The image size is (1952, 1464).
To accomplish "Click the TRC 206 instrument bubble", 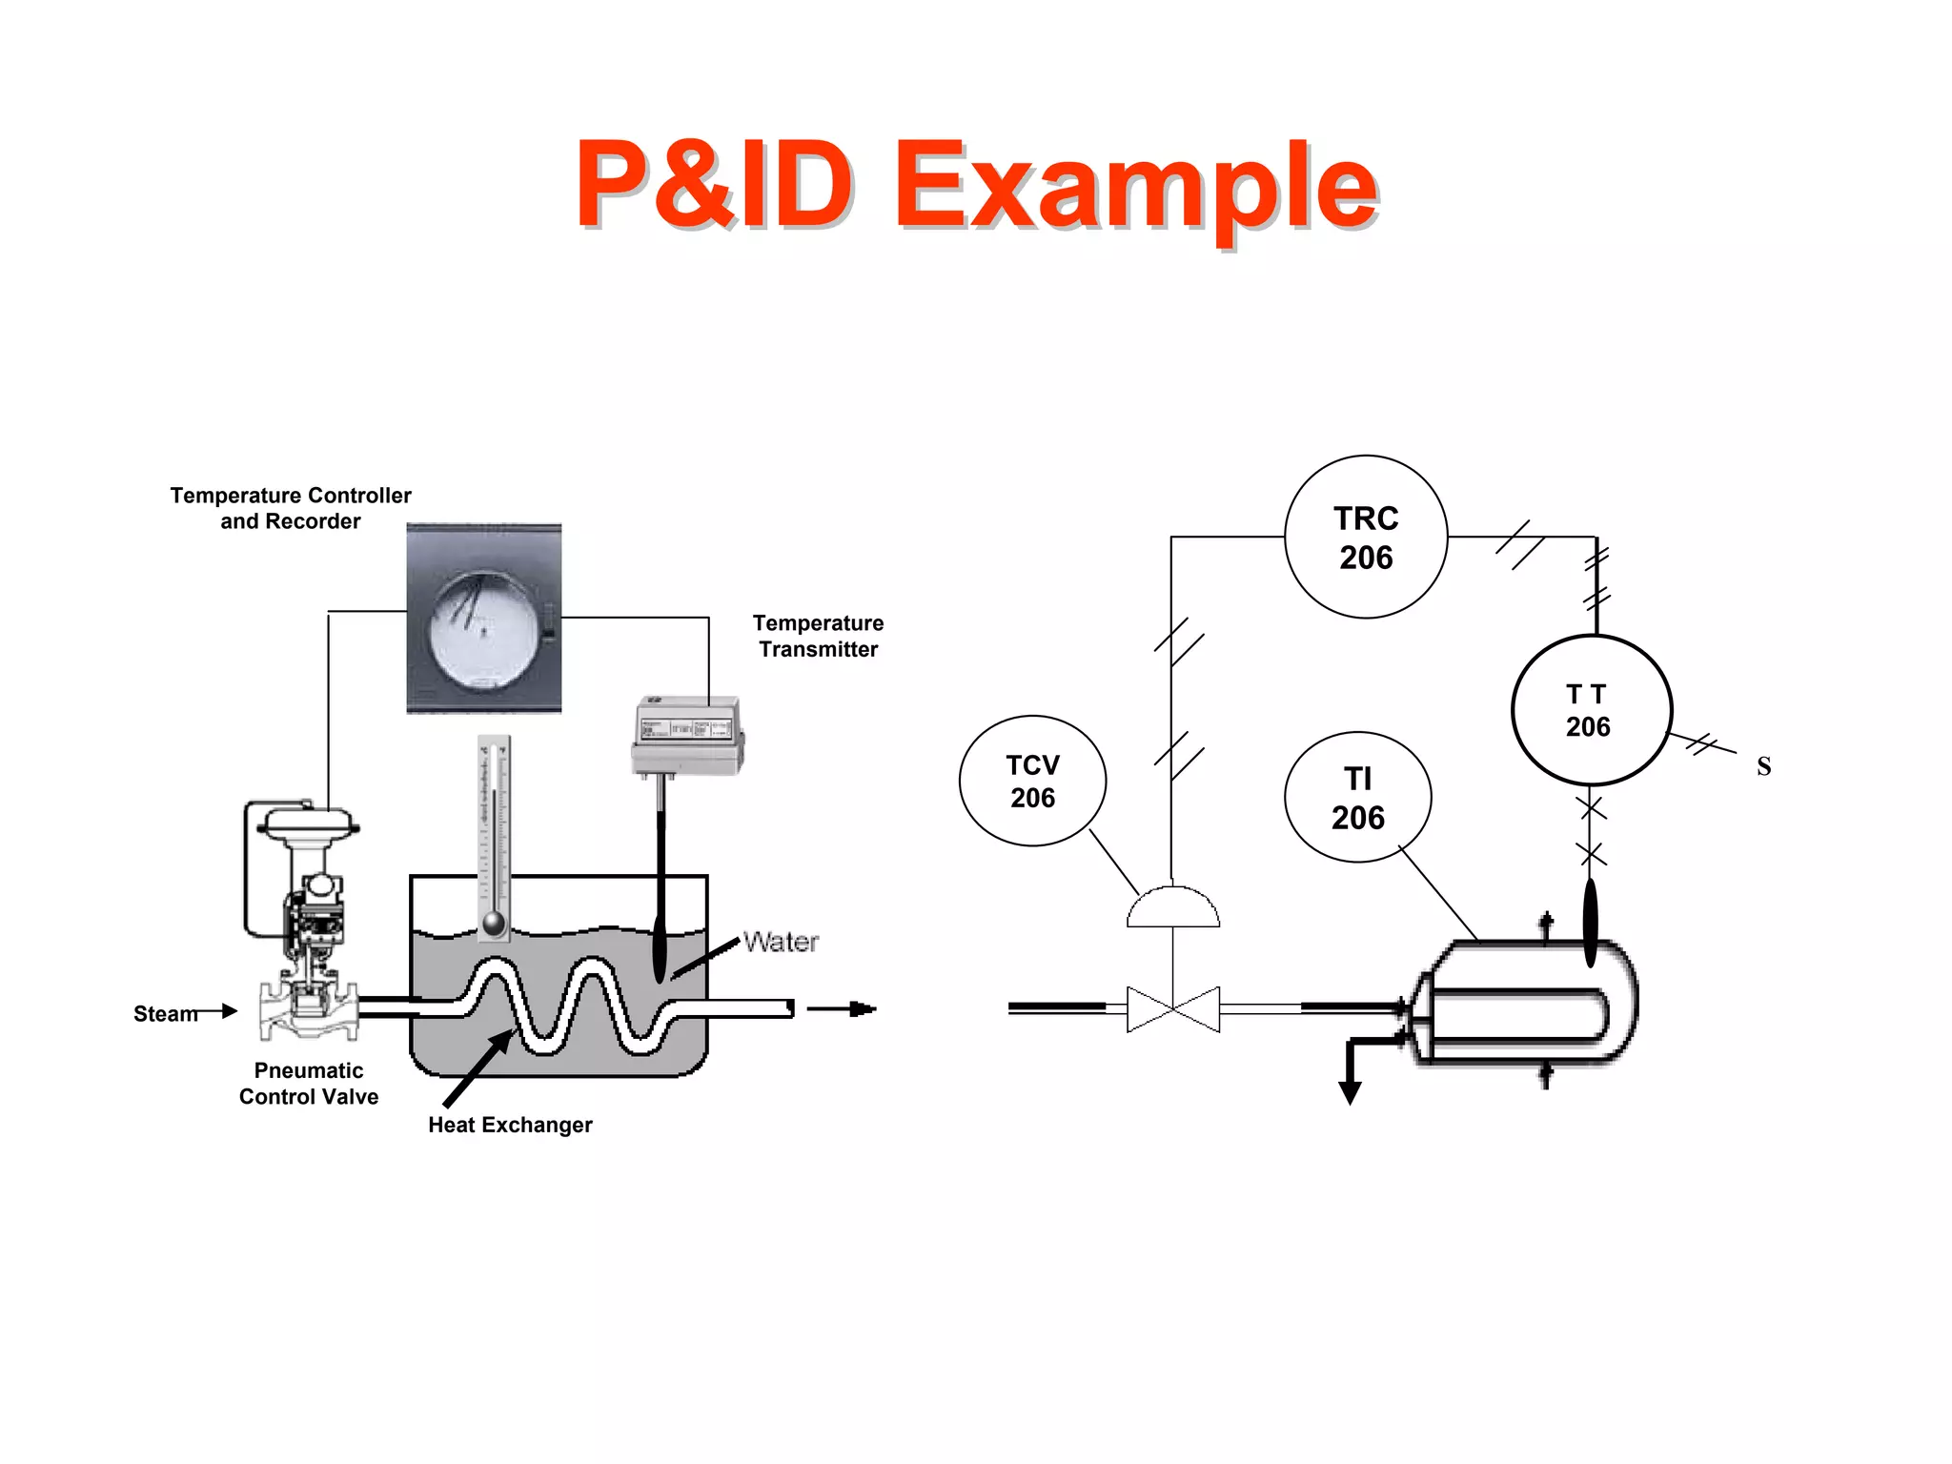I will [x=1365, y=537].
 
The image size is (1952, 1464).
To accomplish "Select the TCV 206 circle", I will [x=1032, y=781].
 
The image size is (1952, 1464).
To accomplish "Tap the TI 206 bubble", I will [x=1357, y=798].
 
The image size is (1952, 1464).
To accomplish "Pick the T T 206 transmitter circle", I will [x=1591, y=710].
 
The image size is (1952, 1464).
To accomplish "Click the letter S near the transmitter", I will [x=1763, y=766].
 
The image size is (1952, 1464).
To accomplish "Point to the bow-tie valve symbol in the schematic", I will [x=1172, y=1008].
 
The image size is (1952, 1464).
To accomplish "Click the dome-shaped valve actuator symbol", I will [x=1172, y=908].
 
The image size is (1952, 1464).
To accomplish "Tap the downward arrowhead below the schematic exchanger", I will [x=1350, y=1092].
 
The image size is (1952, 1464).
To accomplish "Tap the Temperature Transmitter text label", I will [x=818, y=636].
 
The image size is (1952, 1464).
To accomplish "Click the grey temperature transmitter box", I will [x=686, y=735].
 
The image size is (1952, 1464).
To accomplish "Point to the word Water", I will [x=781, y=942].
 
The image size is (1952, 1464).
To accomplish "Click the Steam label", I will [x=165, y=1013].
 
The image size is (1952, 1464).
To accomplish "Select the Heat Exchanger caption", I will [x=510, y=1125].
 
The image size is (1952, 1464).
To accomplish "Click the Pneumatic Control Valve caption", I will [x=308, y=1084].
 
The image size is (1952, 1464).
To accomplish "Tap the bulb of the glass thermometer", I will [x=494, y=923].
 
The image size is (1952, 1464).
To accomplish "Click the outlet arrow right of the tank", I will [x=843, y=1008].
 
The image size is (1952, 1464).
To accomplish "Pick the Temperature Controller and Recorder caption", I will [x=291, y=508].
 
